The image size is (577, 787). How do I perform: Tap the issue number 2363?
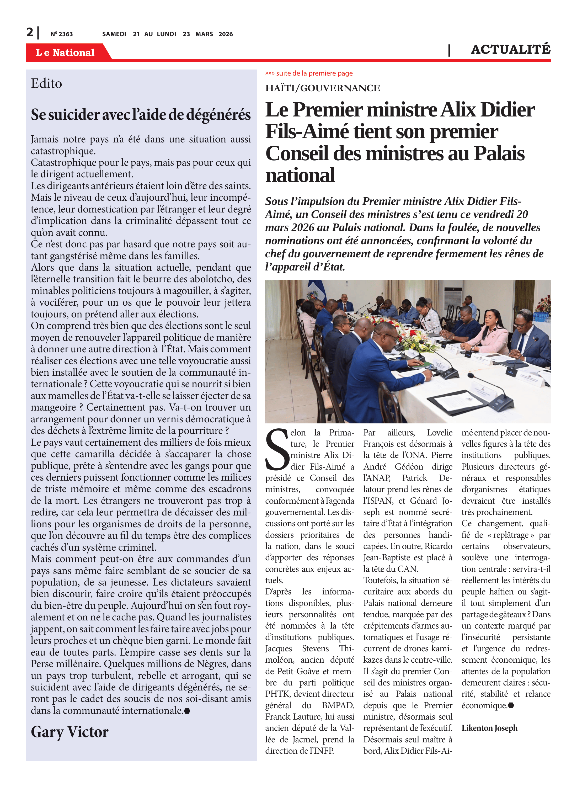(62, 34)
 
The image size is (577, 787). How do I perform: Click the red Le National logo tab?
(65, 52)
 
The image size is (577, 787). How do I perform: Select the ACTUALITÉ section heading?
(510, 49)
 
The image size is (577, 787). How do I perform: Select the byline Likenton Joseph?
(489, 728)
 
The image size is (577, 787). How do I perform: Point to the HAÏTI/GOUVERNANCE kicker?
(322, 88)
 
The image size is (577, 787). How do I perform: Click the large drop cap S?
(277, 451)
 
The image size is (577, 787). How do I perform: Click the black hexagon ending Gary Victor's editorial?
(187, 711)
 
